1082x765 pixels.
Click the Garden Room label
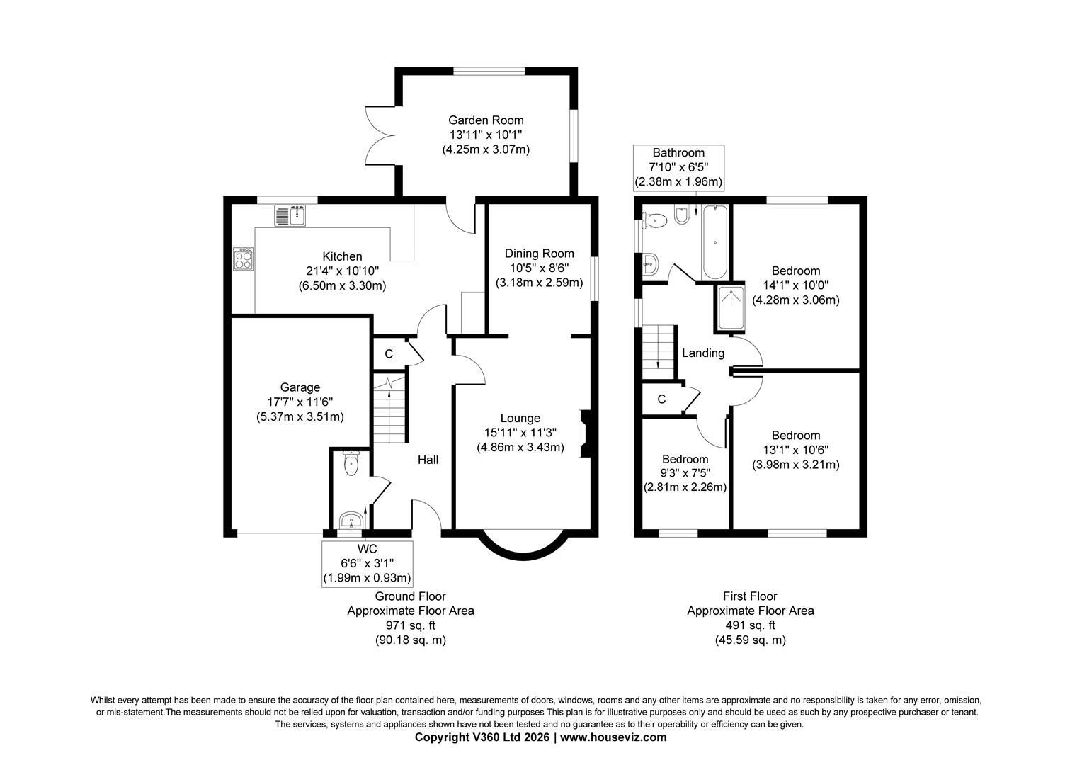(486, 120)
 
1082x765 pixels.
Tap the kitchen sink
(290, 215)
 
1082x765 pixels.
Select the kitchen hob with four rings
(243, 259)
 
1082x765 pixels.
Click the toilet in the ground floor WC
(351, 463)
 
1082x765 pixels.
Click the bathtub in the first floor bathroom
(715, 242)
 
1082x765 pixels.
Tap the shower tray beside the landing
(731, 308)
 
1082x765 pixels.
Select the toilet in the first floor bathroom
(654, 221)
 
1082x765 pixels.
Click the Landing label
(703, 353)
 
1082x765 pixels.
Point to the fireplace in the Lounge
(585, 433)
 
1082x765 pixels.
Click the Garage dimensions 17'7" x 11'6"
(300, 402)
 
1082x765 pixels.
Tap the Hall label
(428, 460)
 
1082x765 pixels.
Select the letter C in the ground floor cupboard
(389, 354)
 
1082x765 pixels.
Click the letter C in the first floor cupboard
(662, 399)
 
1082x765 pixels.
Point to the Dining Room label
(539, 254)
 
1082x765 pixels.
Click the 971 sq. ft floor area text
(411, 625)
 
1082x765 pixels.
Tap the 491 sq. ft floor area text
(750, 625)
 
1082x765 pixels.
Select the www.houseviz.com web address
(613, 737)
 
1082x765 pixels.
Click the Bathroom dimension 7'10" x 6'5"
(678, 168)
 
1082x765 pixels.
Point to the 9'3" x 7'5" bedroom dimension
(685, 473)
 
